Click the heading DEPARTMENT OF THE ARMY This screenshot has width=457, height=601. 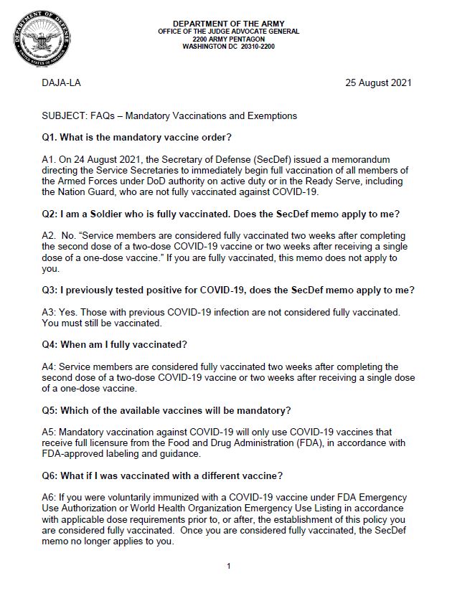[229, 24]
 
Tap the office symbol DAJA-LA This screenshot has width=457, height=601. [62, 82]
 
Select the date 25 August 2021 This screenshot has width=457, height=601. [379, 82]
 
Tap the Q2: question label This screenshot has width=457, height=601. [52, 214]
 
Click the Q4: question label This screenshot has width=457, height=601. [52, 344]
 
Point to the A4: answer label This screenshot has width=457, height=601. [50, 366]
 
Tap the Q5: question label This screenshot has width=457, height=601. [52, 410]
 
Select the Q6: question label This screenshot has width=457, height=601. [52, 476]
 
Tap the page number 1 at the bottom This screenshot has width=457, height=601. [228, 567]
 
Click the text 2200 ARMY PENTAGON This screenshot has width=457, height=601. [229, 39]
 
